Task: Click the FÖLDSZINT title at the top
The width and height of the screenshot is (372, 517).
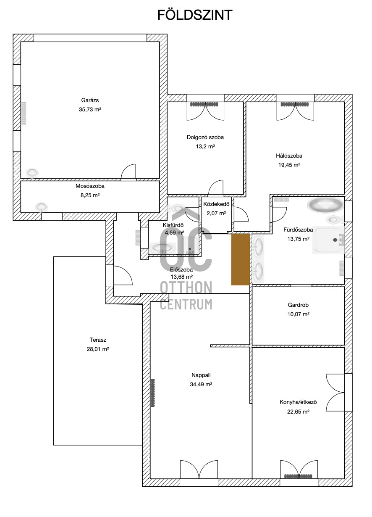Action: pyautogui.click(x=195, y=15)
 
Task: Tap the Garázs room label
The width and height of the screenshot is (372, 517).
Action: pyautogui.click(x=90, y=100)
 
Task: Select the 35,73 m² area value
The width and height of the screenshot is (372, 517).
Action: pyautogui.click(x=90, y=109)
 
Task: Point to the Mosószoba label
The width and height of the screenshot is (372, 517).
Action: pyautogui.click(x=90, y=186)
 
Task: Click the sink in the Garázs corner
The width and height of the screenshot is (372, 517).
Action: pyautogui.click(x=32, y=173)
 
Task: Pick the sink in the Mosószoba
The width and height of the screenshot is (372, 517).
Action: pyautogui.click(x=42, y=207)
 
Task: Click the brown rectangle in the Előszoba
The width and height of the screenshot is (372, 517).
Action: pyautogui.click(x=241, y=259)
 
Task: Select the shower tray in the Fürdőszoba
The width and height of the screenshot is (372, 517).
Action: pyautogui.click(x=328, y=240)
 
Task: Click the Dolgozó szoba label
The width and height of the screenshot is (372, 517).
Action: pyautogui.click(x=205, y=137)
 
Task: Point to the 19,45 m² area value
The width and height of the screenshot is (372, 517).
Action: pyautogui.click(x=289, y=165)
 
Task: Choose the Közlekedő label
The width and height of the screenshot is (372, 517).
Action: pyautogui.click(x=216, y=204)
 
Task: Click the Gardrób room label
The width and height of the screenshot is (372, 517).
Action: pyautogui.click(x=298, y=305)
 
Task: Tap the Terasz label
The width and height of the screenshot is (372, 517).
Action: pyautogui.click(x=98, y=340)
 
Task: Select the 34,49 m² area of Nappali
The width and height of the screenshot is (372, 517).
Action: pyautogui.click(x=201, y=384)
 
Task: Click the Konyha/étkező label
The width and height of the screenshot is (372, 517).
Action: pyautogui.click(x=298, y=402)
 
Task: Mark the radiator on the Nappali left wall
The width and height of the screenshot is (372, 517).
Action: pyautogui.click(x=152, y=392)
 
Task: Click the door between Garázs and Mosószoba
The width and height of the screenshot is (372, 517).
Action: pyautogui.click(x=128, y=171)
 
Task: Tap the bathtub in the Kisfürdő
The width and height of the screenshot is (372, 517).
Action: pyautogui.click(x=162, y=248)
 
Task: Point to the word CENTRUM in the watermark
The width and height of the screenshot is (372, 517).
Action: pyautogui.click(x=186, y=304)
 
